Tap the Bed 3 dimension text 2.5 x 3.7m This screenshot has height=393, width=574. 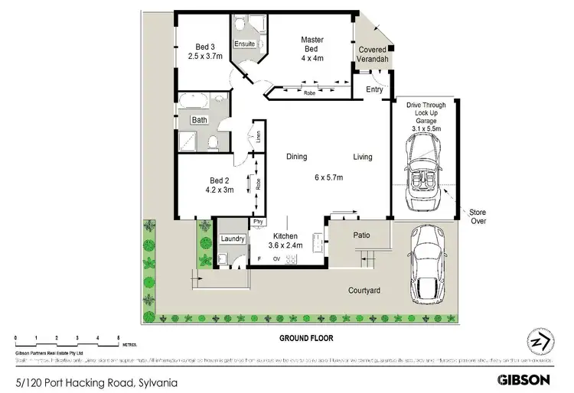pyautogui.click(x=205, y=55)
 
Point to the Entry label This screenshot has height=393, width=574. pyautogui.click(x=374, y=89)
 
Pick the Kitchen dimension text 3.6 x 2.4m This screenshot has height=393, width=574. pyautogui.click(x=285, y=245)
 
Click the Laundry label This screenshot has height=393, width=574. pyautogui.click(x=232, y=239)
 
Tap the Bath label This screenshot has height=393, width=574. pyautogui.click(x=199, y=120)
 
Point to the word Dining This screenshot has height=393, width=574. pyautogui.click(x=296, y=157)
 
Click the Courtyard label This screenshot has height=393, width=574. pyautogui.click(x=366, y=291)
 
